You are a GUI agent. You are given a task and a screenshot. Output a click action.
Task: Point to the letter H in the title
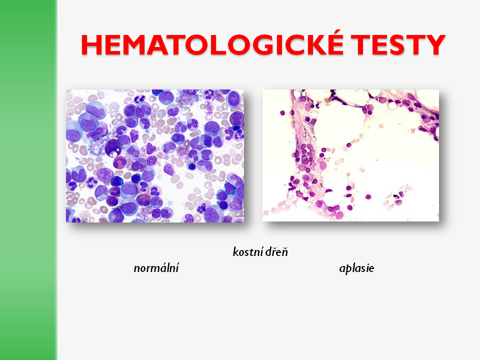point(91,44)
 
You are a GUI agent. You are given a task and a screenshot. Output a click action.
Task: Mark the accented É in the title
point(335,42)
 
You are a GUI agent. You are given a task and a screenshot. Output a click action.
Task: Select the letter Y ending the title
point(434,44)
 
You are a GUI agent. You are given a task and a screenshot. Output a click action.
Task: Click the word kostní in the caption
point(247,252)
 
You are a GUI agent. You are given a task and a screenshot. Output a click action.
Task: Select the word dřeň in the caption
point(276,252)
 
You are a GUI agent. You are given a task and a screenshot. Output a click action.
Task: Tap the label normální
point(156,268)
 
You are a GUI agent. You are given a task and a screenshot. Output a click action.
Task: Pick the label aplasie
point(356,268)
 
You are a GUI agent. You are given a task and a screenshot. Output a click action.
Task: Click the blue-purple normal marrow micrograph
point(155,156)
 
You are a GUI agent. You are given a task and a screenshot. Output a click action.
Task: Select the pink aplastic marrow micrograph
point(350,155)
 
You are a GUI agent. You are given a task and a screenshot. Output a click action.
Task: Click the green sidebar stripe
point(28,180)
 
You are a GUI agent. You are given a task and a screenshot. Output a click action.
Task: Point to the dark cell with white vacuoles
point(112,148)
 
